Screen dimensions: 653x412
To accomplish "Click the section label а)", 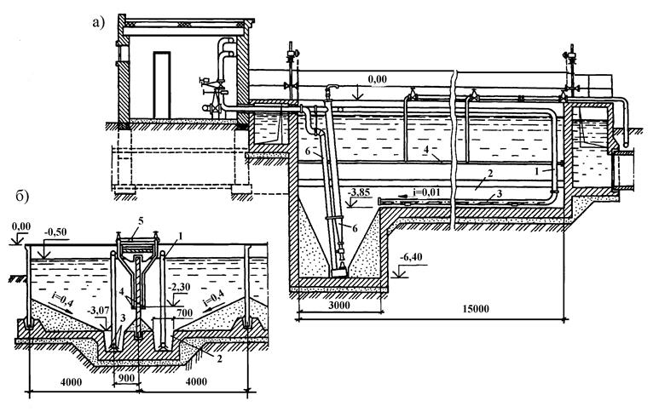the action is point(98,22).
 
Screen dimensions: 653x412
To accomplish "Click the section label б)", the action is point(22,197).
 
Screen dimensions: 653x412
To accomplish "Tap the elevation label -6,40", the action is point(411,257).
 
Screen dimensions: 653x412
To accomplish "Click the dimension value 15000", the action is point(476,309).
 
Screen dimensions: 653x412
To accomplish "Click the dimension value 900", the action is point(127,378).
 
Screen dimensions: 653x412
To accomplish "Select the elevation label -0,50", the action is point(55,232).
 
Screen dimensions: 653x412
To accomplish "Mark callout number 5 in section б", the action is point(141,221).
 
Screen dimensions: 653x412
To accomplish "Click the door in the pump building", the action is point(162,85).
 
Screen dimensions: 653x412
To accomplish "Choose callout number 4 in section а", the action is point(426,151).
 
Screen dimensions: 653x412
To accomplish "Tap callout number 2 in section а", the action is point(490,174).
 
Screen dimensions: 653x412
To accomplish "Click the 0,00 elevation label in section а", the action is point(378,79).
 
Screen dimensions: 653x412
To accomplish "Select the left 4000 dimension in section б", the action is point(71,381).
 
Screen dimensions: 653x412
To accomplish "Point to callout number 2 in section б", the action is point(219,358).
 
